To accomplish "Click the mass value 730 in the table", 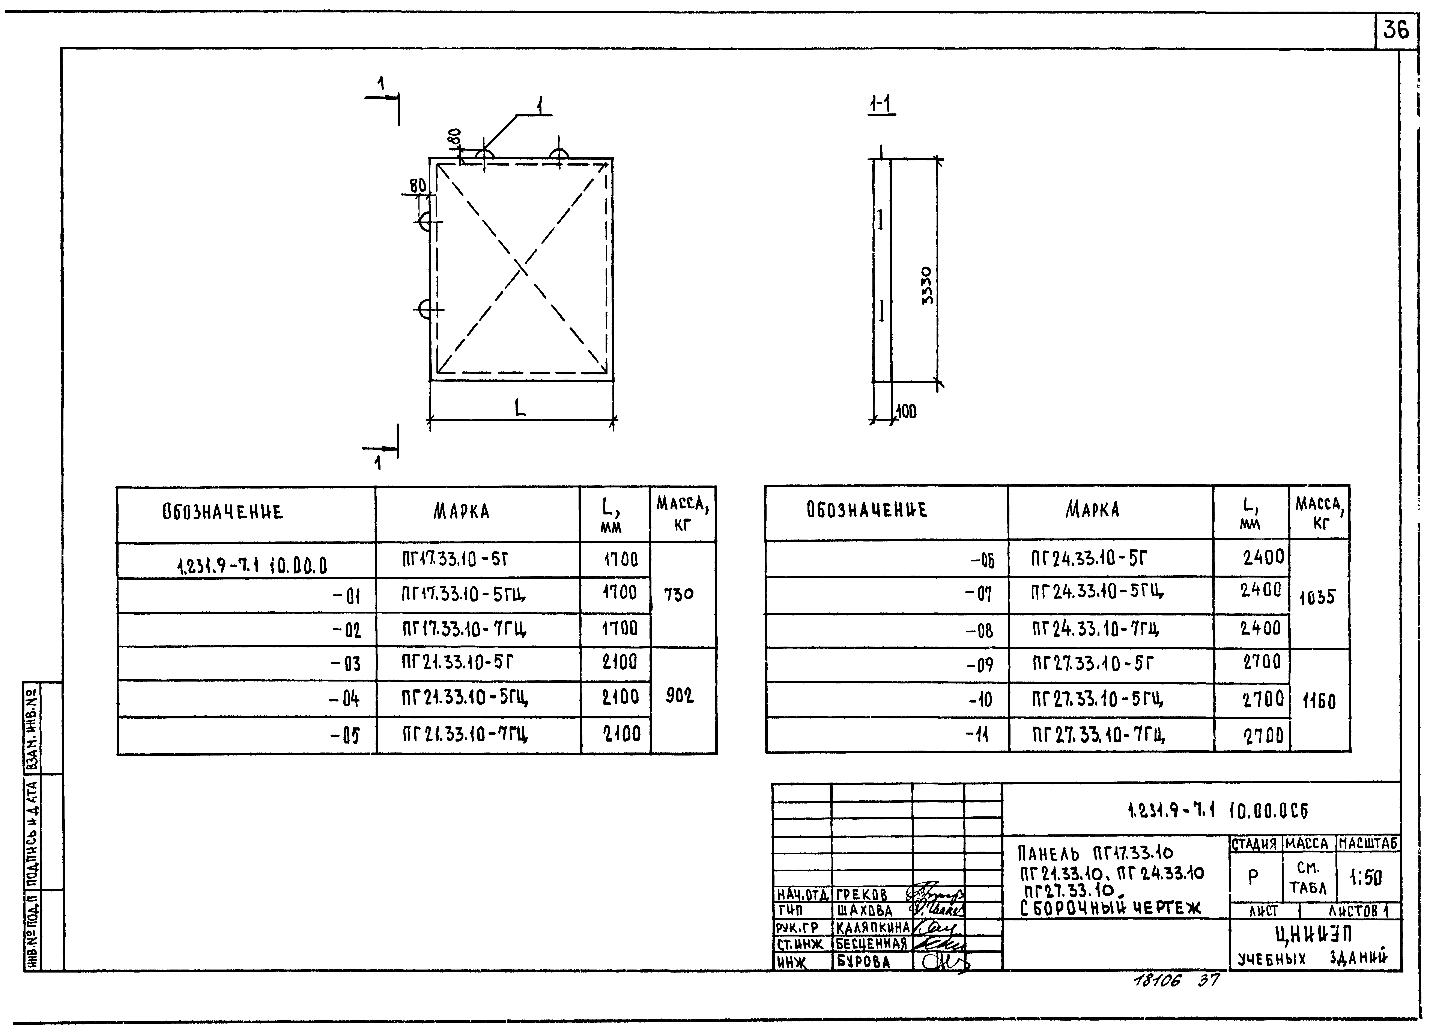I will [x=679, y=594].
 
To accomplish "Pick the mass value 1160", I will [x=1319, y=701].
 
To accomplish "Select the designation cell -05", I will [x=345, y=735].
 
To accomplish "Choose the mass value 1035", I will [x=1318, y=597].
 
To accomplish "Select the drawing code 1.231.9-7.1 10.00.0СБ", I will [x=1200, y=810].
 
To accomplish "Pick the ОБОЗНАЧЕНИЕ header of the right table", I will [x=867, y=510].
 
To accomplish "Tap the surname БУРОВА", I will [x=864, y=962].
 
